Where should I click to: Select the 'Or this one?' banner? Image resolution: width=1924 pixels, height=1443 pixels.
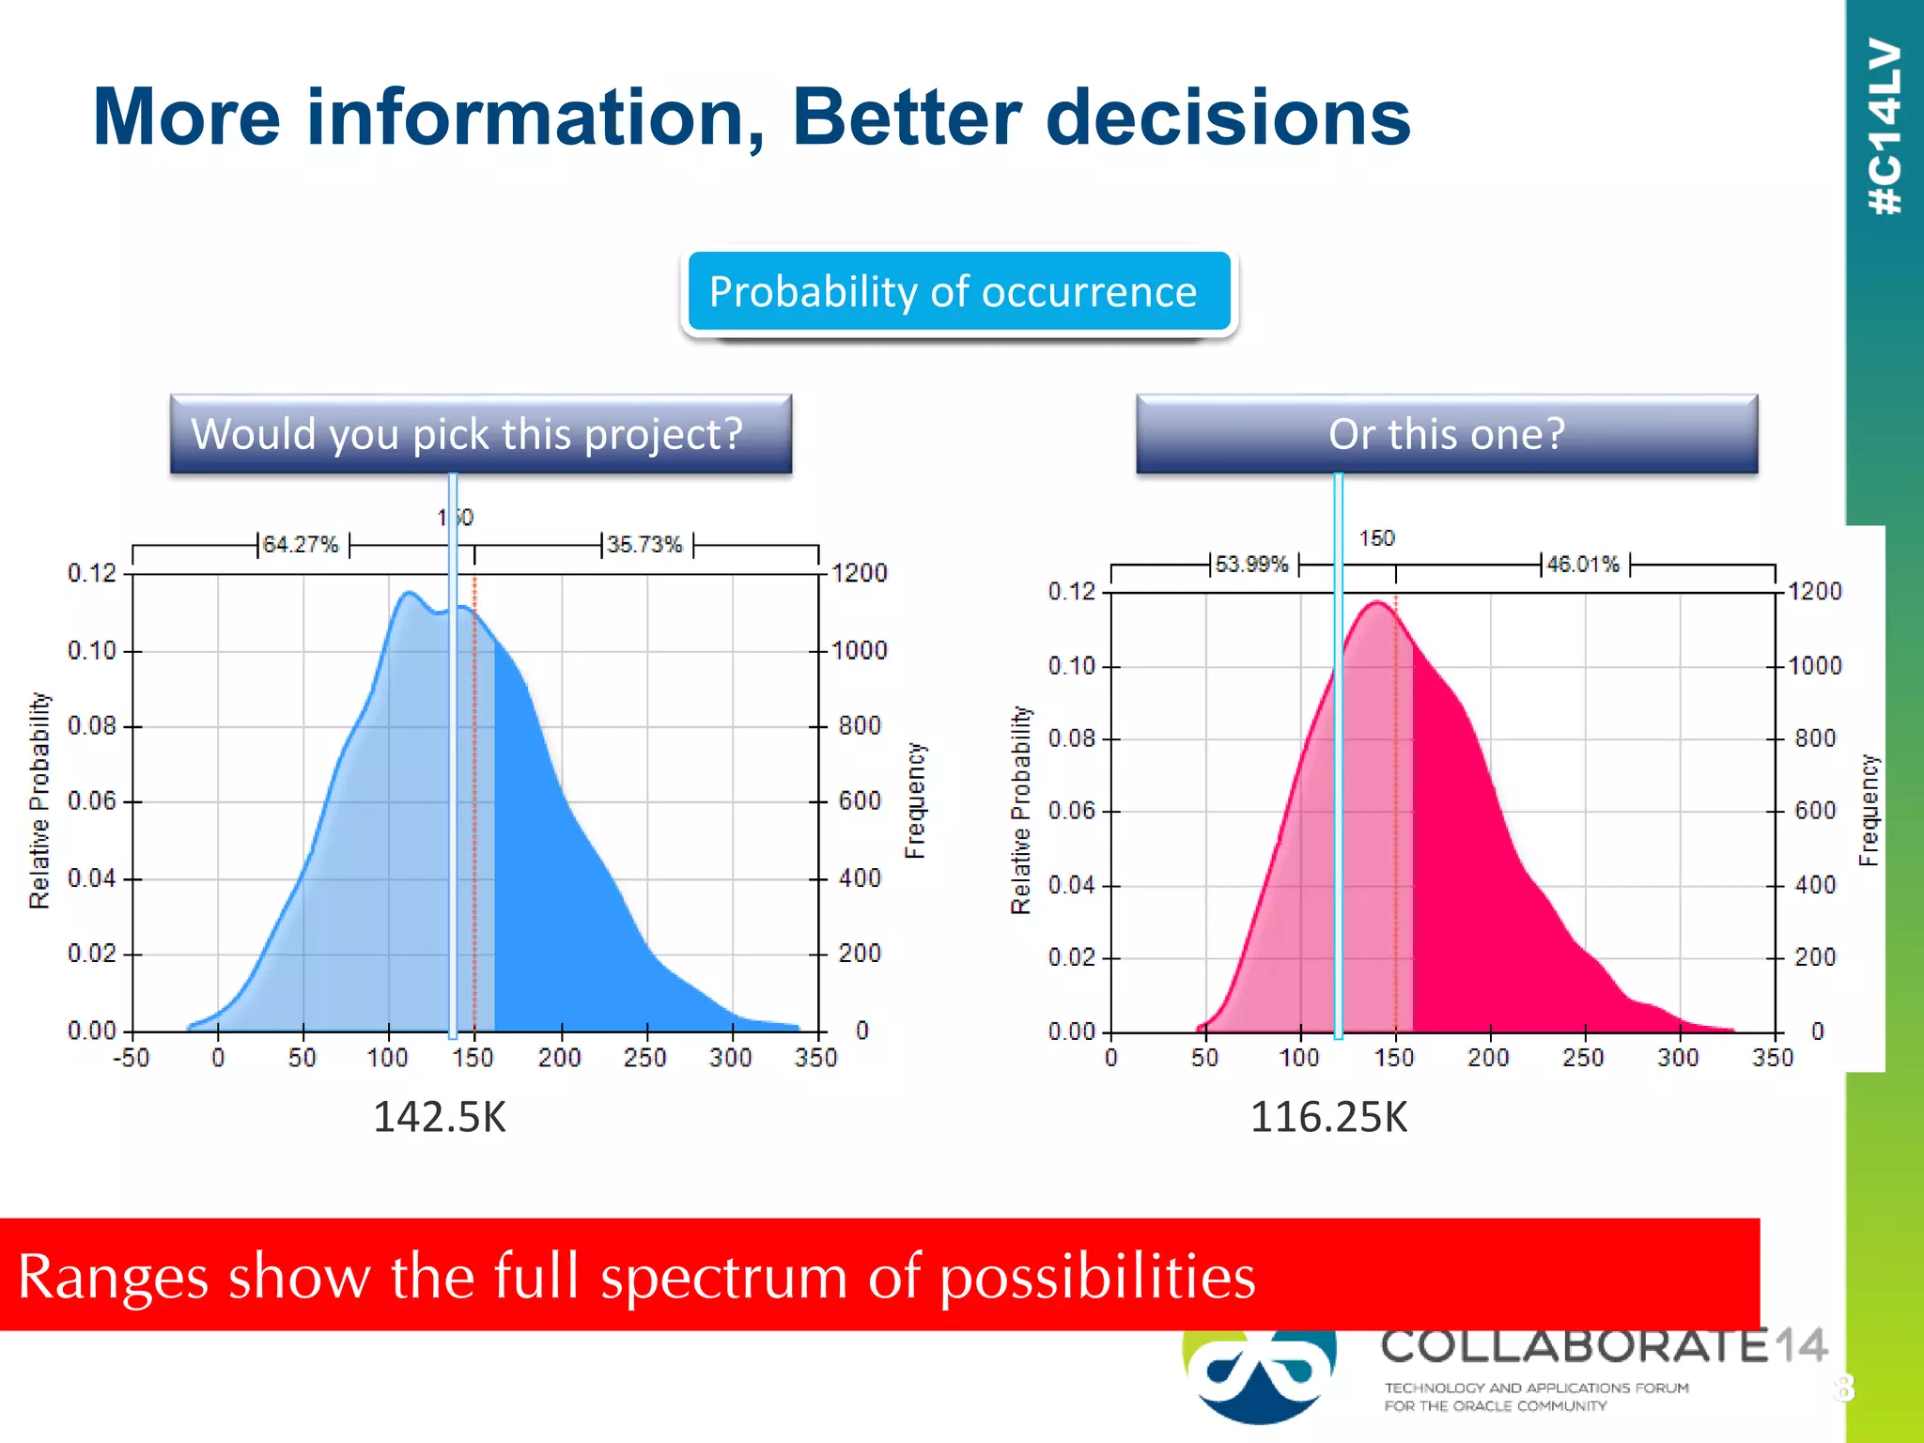coord(1446,434)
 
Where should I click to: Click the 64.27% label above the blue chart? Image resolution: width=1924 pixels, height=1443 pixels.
coord(301,545)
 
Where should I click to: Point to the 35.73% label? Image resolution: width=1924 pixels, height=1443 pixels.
coord(644,545)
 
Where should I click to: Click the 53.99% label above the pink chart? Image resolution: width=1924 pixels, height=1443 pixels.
coord(1252,565)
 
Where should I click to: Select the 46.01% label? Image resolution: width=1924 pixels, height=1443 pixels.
coord(1584,565)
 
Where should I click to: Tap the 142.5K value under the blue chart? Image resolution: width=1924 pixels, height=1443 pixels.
coord(440,1117)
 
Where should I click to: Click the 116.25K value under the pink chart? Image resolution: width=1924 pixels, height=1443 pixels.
coord(1328,1117)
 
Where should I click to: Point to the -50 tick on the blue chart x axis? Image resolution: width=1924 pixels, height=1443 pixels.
coord(132,1059)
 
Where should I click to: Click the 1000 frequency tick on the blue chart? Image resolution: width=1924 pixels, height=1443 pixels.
coord(859,650)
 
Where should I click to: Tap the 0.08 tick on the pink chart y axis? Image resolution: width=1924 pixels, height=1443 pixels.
coord(1072,738)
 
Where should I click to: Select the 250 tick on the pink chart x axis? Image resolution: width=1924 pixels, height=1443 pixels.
coord(1584,1059)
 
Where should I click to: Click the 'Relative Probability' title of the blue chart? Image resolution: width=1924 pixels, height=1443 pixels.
coord(39,800)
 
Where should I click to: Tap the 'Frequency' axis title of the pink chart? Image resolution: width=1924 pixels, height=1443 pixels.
coord(1870,810)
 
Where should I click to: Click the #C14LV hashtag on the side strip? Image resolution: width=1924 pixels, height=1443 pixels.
coord(1885,127)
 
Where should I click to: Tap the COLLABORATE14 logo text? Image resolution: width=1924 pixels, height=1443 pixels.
coord(1603,1346)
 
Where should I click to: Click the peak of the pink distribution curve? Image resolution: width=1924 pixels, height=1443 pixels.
coord(1378,602)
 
